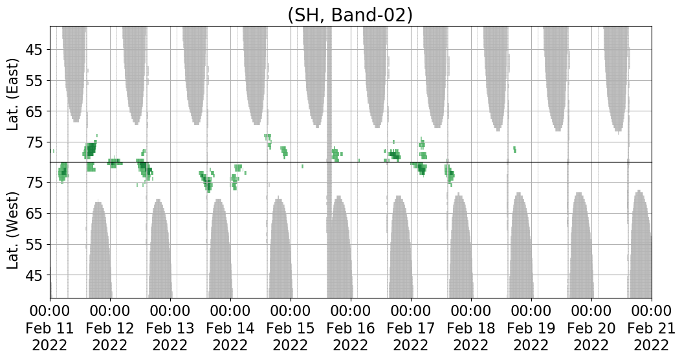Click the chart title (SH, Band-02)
click(349, 15)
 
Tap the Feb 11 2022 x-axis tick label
click(50, 328)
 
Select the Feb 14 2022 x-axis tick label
click(230, 328)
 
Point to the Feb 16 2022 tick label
click(351, 328)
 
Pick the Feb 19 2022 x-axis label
click(531, 328)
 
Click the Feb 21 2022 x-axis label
click(651, 328)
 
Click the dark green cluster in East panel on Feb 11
click(90, 150)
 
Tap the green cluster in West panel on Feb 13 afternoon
click(207, 181)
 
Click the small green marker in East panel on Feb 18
click(514, 150)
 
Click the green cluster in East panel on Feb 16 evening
click(395, 154)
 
